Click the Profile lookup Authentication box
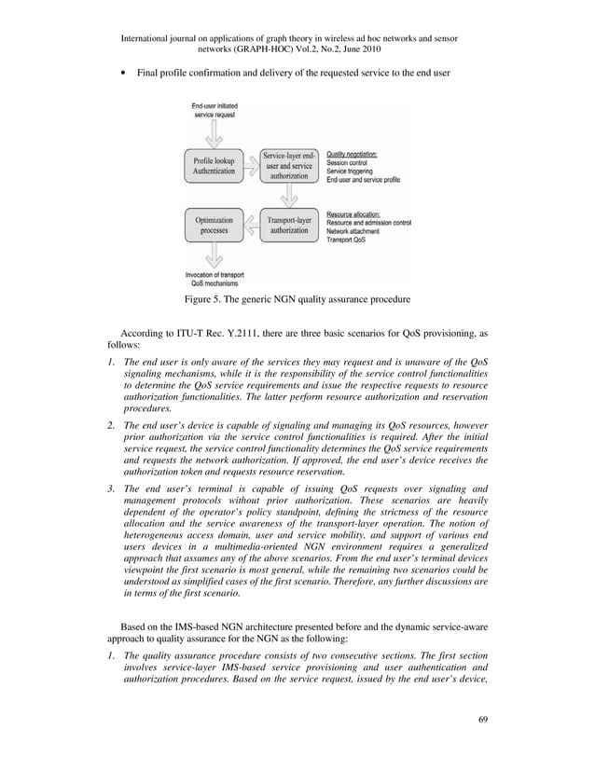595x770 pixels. tap(214, 166)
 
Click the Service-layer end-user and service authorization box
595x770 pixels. tap(289, 166)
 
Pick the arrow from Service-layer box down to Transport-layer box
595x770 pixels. tap(289, 196)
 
